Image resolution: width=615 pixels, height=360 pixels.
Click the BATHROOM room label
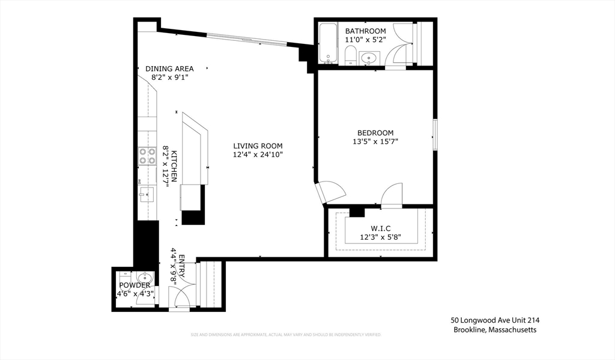pos(365,31)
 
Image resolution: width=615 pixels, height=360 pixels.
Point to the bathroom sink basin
pos(369,58)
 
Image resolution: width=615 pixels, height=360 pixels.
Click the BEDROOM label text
pos(375,133)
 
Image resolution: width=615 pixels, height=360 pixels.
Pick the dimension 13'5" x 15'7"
pos(375,142)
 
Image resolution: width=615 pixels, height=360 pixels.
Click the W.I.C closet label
pos(380,228)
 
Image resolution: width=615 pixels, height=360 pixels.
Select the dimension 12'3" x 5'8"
pos(380,237)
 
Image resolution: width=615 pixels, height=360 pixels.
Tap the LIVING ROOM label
pos(258,145)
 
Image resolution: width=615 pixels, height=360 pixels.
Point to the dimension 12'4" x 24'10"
pos(258,154)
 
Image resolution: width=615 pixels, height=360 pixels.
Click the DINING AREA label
pos(169,69)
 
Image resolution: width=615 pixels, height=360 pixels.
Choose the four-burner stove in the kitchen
pos(147,156)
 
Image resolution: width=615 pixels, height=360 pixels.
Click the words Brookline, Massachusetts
pos(495,330)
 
